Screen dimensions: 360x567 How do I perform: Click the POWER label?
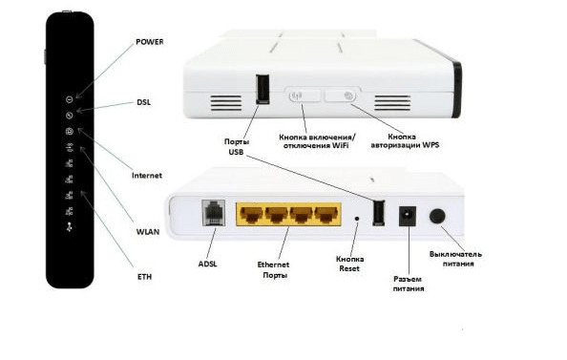click(x=149, y=42)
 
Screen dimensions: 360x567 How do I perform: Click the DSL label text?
click(x=144, y=101)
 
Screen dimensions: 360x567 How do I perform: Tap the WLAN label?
click(x=147, y=231)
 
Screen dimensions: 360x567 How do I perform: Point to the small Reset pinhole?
click(x=356, y=218)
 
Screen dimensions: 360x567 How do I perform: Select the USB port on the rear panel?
click(x=378, y=214)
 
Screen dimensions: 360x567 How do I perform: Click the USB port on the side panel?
click(x=262, y=89)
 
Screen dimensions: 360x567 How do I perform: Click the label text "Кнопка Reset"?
click(x=350, y=264)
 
